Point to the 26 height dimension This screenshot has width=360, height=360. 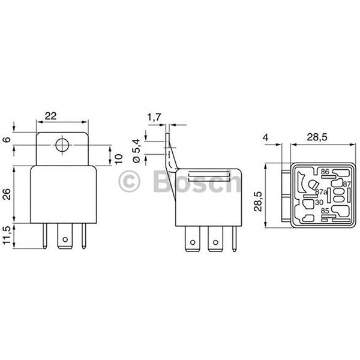pos(7,194)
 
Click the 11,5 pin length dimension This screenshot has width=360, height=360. pos(7,236)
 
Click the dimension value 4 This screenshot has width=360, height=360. pos(265,137)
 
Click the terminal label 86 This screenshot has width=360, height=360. pos(325,172)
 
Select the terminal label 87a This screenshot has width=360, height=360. pos(321,193)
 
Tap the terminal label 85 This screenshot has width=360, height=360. pos(325,211)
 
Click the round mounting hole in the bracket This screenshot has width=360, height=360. pos(60,145)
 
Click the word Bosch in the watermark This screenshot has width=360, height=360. pos(195,182)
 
